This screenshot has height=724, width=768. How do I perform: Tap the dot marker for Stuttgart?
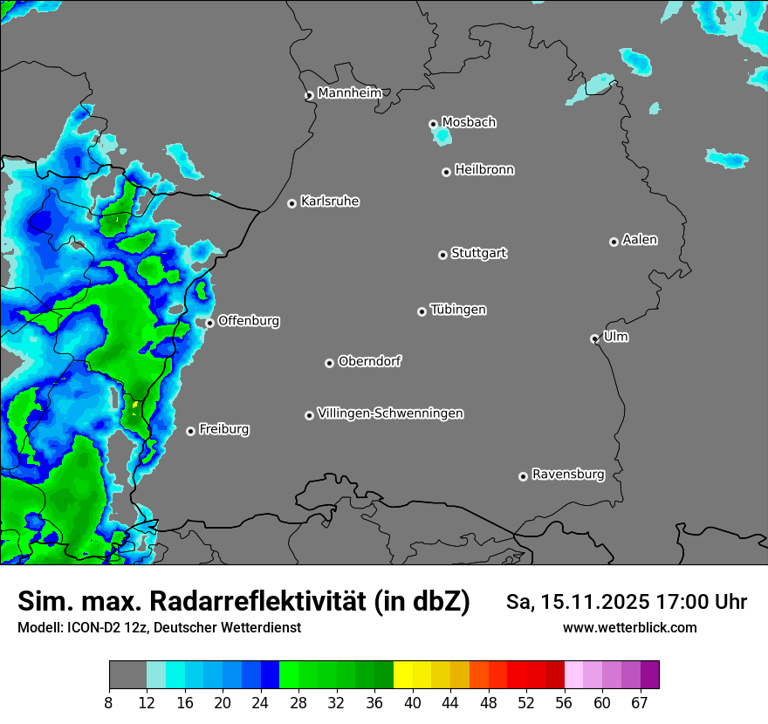[442, 255]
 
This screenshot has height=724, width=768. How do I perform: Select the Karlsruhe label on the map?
[329, 201]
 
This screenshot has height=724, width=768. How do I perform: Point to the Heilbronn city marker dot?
[446, 172]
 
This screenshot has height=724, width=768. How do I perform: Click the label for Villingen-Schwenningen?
[390, 413]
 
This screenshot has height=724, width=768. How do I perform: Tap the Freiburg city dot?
[190, 431]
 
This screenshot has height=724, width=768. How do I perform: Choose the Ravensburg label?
[567, 475]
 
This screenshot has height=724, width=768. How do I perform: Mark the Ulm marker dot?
[594, 338]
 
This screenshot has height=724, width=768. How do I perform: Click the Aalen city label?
[639, 240]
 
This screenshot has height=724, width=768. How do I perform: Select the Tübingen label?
[457, 310]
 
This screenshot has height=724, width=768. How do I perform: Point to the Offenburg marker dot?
[209, 323]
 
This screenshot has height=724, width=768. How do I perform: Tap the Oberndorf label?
[369, 361]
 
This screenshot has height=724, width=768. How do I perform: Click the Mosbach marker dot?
[433, 124]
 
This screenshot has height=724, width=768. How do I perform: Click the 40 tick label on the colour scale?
[412, 703]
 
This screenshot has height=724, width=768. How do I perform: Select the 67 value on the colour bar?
[641, 703]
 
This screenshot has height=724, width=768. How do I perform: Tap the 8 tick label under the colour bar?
[109, 703]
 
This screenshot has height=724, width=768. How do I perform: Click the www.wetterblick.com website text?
[629, 627]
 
